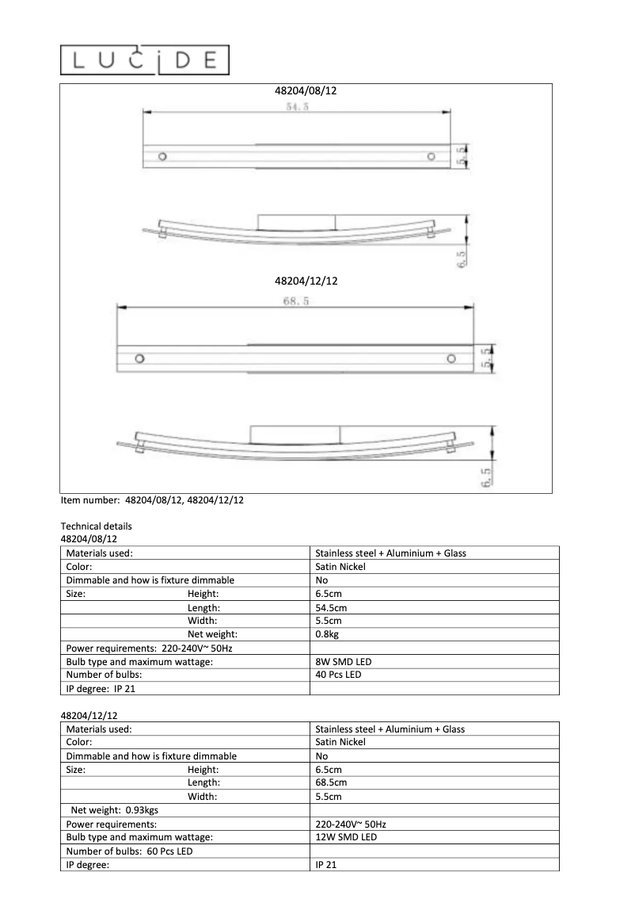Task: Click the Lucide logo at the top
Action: [x=145, y=60]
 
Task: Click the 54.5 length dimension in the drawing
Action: [x=297, y=107]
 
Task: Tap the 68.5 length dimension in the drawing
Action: [x=295, y=301]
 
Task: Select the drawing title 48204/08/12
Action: [x=306, y=91]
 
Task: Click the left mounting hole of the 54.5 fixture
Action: [x=162, y=156]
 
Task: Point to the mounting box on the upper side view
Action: [x=296, y=221]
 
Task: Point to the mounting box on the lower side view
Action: [x=295, y=434]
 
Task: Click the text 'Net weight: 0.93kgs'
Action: [x=114, y=810]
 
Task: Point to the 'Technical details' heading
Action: [x=96, y=526]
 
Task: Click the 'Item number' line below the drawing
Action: [x=152, y=500]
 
